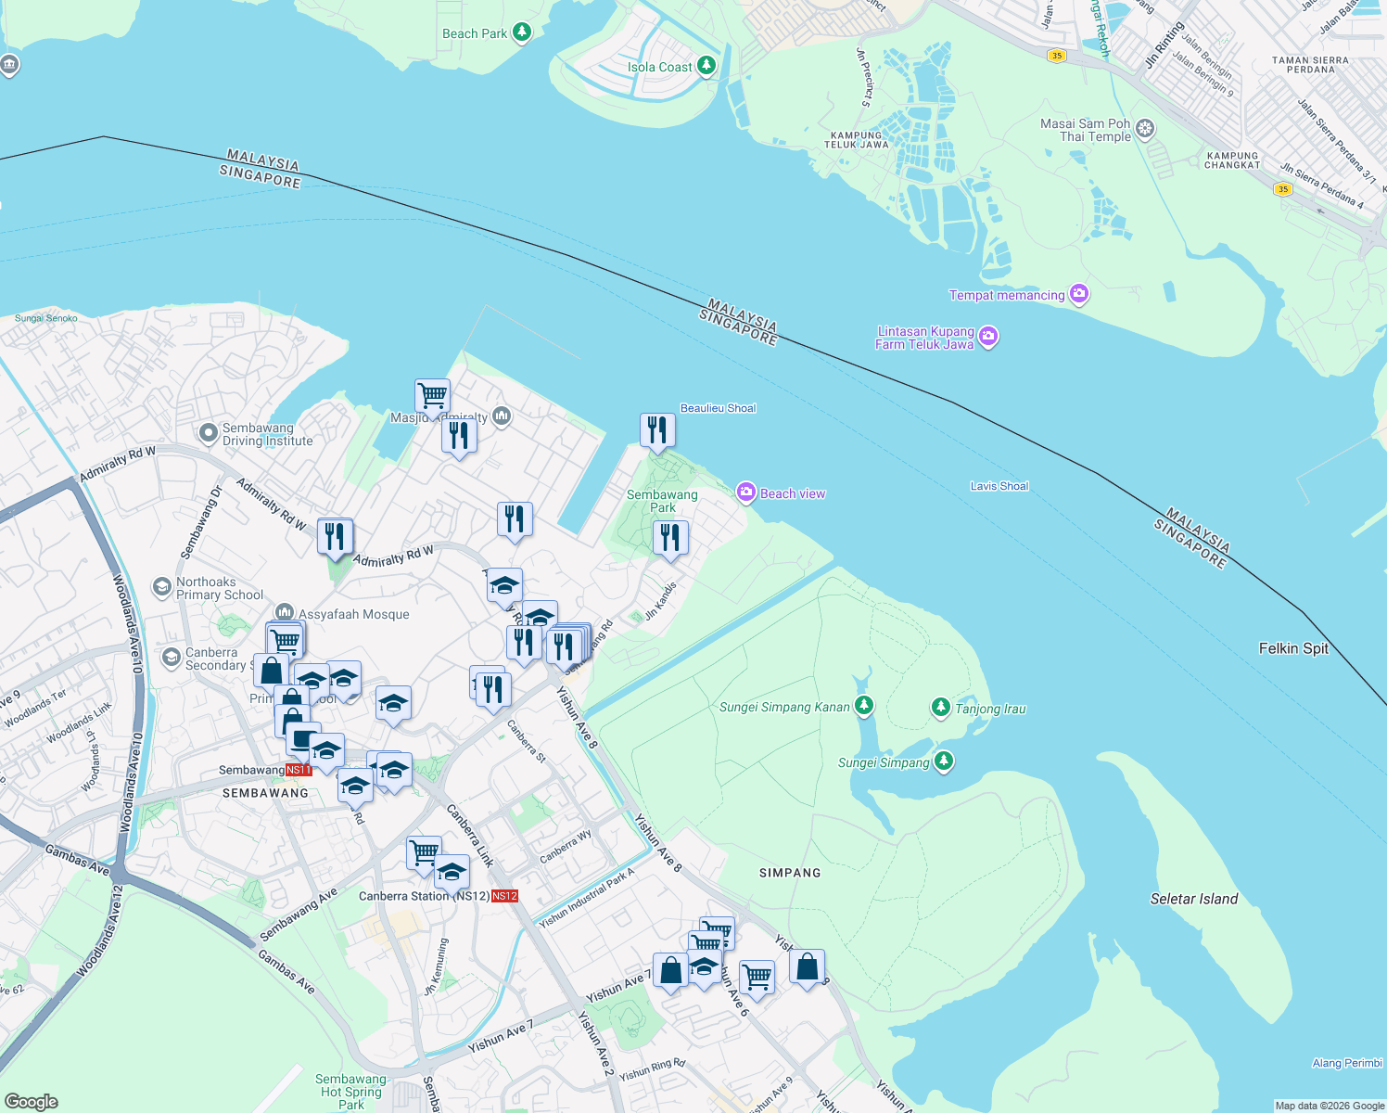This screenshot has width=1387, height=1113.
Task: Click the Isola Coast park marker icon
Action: [x=706, y=66]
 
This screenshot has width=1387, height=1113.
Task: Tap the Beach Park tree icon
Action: [x=522, y=33]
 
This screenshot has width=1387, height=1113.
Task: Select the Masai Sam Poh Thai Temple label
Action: [x=1086, y=130]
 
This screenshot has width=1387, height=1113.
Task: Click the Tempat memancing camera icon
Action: [x=1078, y=295]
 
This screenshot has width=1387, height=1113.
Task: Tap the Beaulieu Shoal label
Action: [x=718, y=408]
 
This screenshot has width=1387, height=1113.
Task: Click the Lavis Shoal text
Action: [x=999, y=486]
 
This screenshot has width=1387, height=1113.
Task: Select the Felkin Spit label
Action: [x=1293, y=648]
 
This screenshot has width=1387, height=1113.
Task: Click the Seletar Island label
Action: [x=1193, y=899]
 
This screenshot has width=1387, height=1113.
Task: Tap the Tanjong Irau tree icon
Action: [x=941, y=709]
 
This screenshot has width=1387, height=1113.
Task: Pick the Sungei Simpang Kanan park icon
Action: [x=864, y=707]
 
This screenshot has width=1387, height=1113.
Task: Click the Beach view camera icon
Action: [x=746, y=493]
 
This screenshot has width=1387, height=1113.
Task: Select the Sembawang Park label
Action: [x=662, y=501]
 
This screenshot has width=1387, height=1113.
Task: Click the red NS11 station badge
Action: [x=299, y=770]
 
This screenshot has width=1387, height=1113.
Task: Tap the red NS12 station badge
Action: [x=504, y=896]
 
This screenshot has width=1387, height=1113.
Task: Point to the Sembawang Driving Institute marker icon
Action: [x=208, y=432]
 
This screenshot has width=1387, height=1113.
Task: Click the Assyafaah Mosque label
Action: [x=353, y=614]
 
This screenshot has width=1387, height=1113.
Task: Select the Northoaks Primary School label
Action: [x=220, y=588]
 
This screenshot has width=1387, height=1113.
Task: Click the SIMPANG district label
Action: [x=790, y=873]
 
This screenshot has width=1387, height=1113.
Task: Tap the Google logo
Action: [x=32, y=1101]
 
